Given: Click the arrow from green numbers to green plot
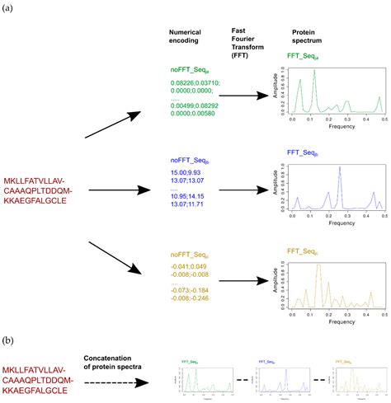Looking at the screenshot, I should pyautogui.click(x=244, y=96).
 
